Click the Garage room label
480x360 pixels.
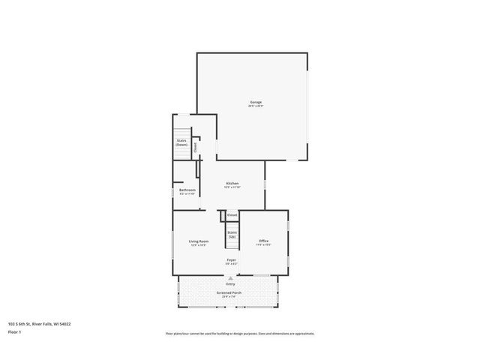[256, 102]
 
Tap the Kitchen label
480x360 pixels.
[232, 183]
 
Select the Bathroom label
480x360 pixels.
[187, 190]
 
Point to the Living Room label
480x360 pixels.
[199, 241]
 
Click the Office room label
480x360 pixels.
[263, 241]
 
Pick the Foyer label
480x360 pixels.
[231, 259]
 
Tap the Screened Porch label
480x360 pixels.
[227, 292]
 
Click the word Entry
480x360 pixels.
[230, 283]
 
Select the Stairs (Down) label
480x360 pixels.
[181, 142]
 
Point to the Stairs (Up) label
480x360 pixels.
[232, 235]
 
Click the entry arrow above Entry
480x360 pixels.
[230, 277]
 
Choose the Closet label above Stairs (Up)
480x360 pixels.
[232, 215]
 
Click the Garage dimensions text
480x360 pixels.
[256, 106]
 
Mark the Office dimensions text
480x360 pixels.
[263, 245]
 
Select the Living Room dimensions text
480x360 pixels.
[199, 245]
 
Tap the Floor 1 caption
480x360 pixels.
[15, 331]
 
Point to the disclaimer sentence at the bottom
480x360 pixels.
[240, 333]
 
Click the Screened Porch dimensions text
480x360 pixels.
[227, 297]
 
